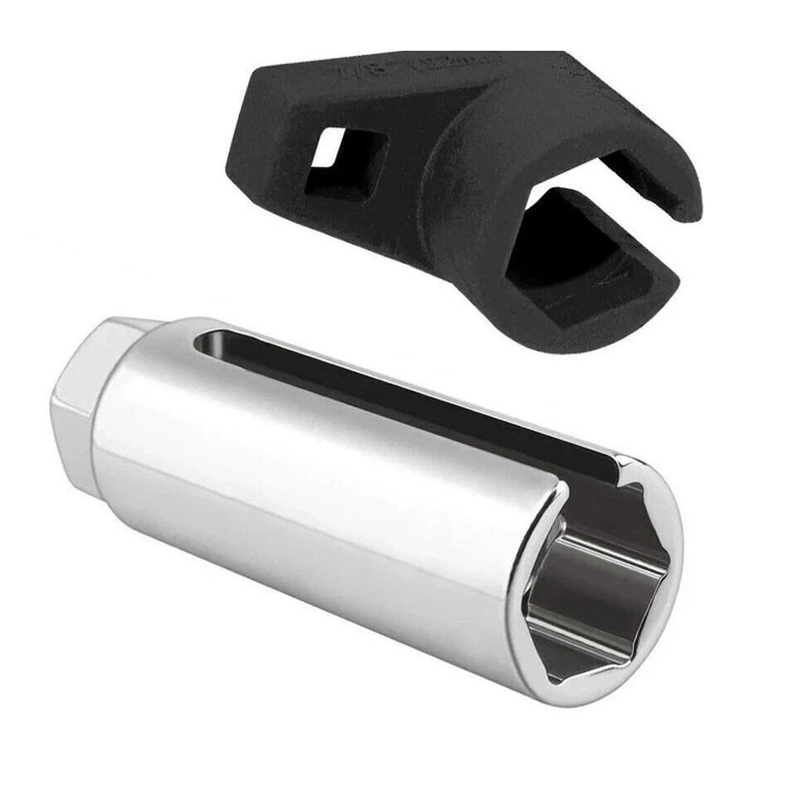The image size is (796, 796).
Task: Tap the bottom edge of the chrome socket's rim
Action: click(587, 696)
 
